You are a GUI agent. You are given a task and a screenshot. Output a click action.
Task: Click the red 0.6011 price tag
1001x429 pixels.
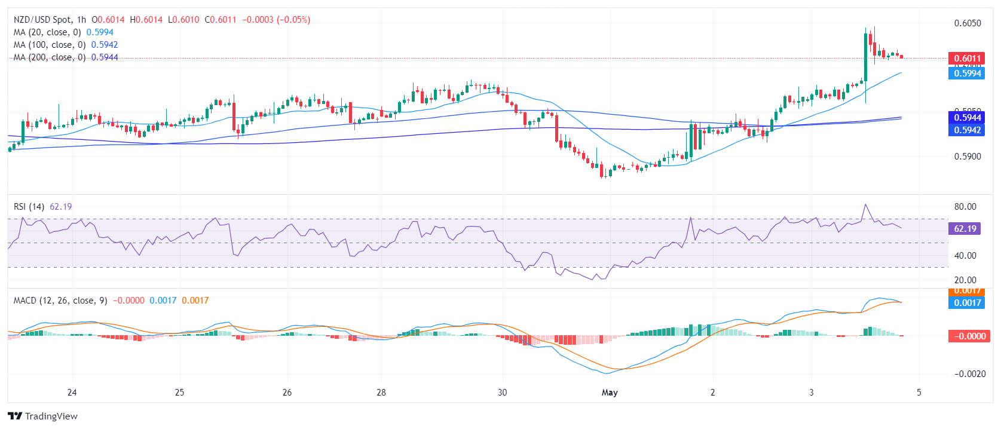tap(966, 59)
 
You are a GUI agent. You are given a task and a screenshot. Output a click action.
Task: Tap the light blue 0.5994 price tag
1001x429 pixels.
tap(966, 73)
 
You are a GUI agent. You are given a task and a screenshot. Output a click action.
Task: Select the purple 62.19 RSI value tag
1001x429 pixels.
tap(965, 229)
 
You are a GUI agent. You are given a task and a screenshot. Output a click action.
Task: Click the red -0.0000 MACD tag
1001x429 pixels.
tap(966, 336)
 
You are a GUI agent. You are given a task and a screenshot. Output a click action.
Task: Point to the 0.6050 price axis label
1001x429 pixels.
tap(967, 23)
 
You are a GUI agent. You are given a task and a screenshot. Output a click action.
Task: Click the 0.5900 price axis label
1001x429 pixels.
tap(967, 157)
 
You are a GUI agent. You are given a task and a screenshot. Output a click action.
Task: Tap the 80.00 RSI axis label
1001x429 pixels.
tap(965, 207)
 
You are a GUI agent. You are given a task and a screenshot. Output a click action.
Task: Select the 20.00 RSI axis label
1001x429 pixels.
tap(965, 280)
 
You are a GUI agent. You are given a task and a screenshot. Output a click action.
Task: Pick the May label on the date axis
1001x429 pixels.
tap(610, 393)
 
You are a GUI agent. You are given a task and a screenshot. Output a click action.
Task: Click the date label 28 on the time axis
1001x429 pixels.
tap(381, 393)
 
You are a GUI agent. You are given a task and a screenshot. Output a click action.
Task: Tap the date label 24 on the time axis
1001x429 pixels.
tap(72, 393)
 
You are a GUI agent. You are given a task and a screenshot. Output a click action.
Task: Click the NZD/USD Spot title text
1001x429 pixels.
tap(42, 20)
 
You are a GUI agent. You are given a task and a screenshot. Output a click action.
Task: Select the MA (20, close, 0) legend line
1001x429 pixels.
tap(47, 32)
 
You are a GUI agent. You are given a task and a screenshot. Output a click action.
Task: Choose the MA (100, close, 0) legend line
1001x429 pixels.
tap(50, 45)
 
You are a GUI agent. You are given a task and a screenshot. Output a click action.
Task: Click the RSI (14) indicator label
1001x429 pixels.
tap(29, 207)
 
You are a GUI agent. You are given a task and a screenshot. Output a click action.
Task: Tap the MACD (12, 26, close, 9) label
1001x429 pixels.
tap(60, 301)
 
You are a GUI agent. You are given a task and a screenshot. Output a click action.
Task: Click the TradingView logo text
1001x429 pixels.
tap(43, 416)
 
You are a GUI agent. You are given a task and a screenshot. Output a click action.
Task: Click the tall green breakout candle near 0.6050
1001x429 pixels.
tap(865, 56)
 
